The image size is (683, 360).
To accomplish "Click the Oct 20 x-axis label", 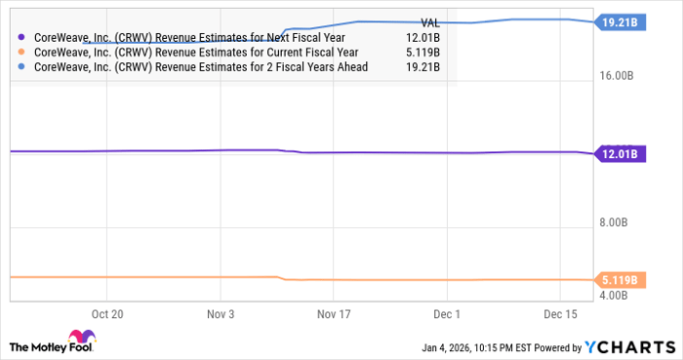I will (106, 315).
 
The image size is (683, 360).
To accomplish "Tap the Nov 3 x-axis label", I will (221, 315).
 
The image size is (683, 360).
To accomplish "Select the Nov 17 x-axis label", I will (333, 315).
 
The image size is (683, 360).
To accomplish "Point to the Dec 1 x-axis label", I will (447, 315).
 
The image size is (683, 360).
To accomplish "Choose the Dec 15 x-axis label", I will (560, 315).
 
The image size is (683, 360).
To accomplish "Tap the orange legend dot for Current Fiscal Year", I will (22, 53).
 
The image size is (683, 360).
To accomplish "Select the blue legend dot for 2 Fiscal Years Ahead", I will (22, 68).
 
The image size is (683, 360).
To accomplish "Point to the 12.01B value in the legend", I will (422, 37).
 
